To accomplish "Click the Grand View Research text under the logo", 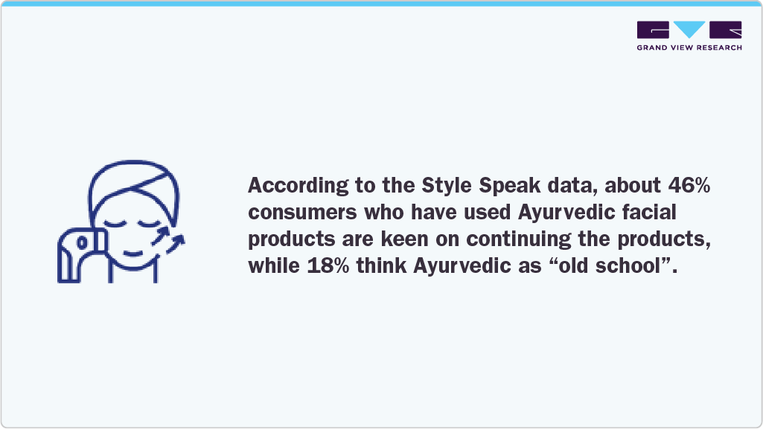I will pos(689,48).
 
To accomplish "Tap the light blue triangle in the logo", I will pos(689,29).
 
